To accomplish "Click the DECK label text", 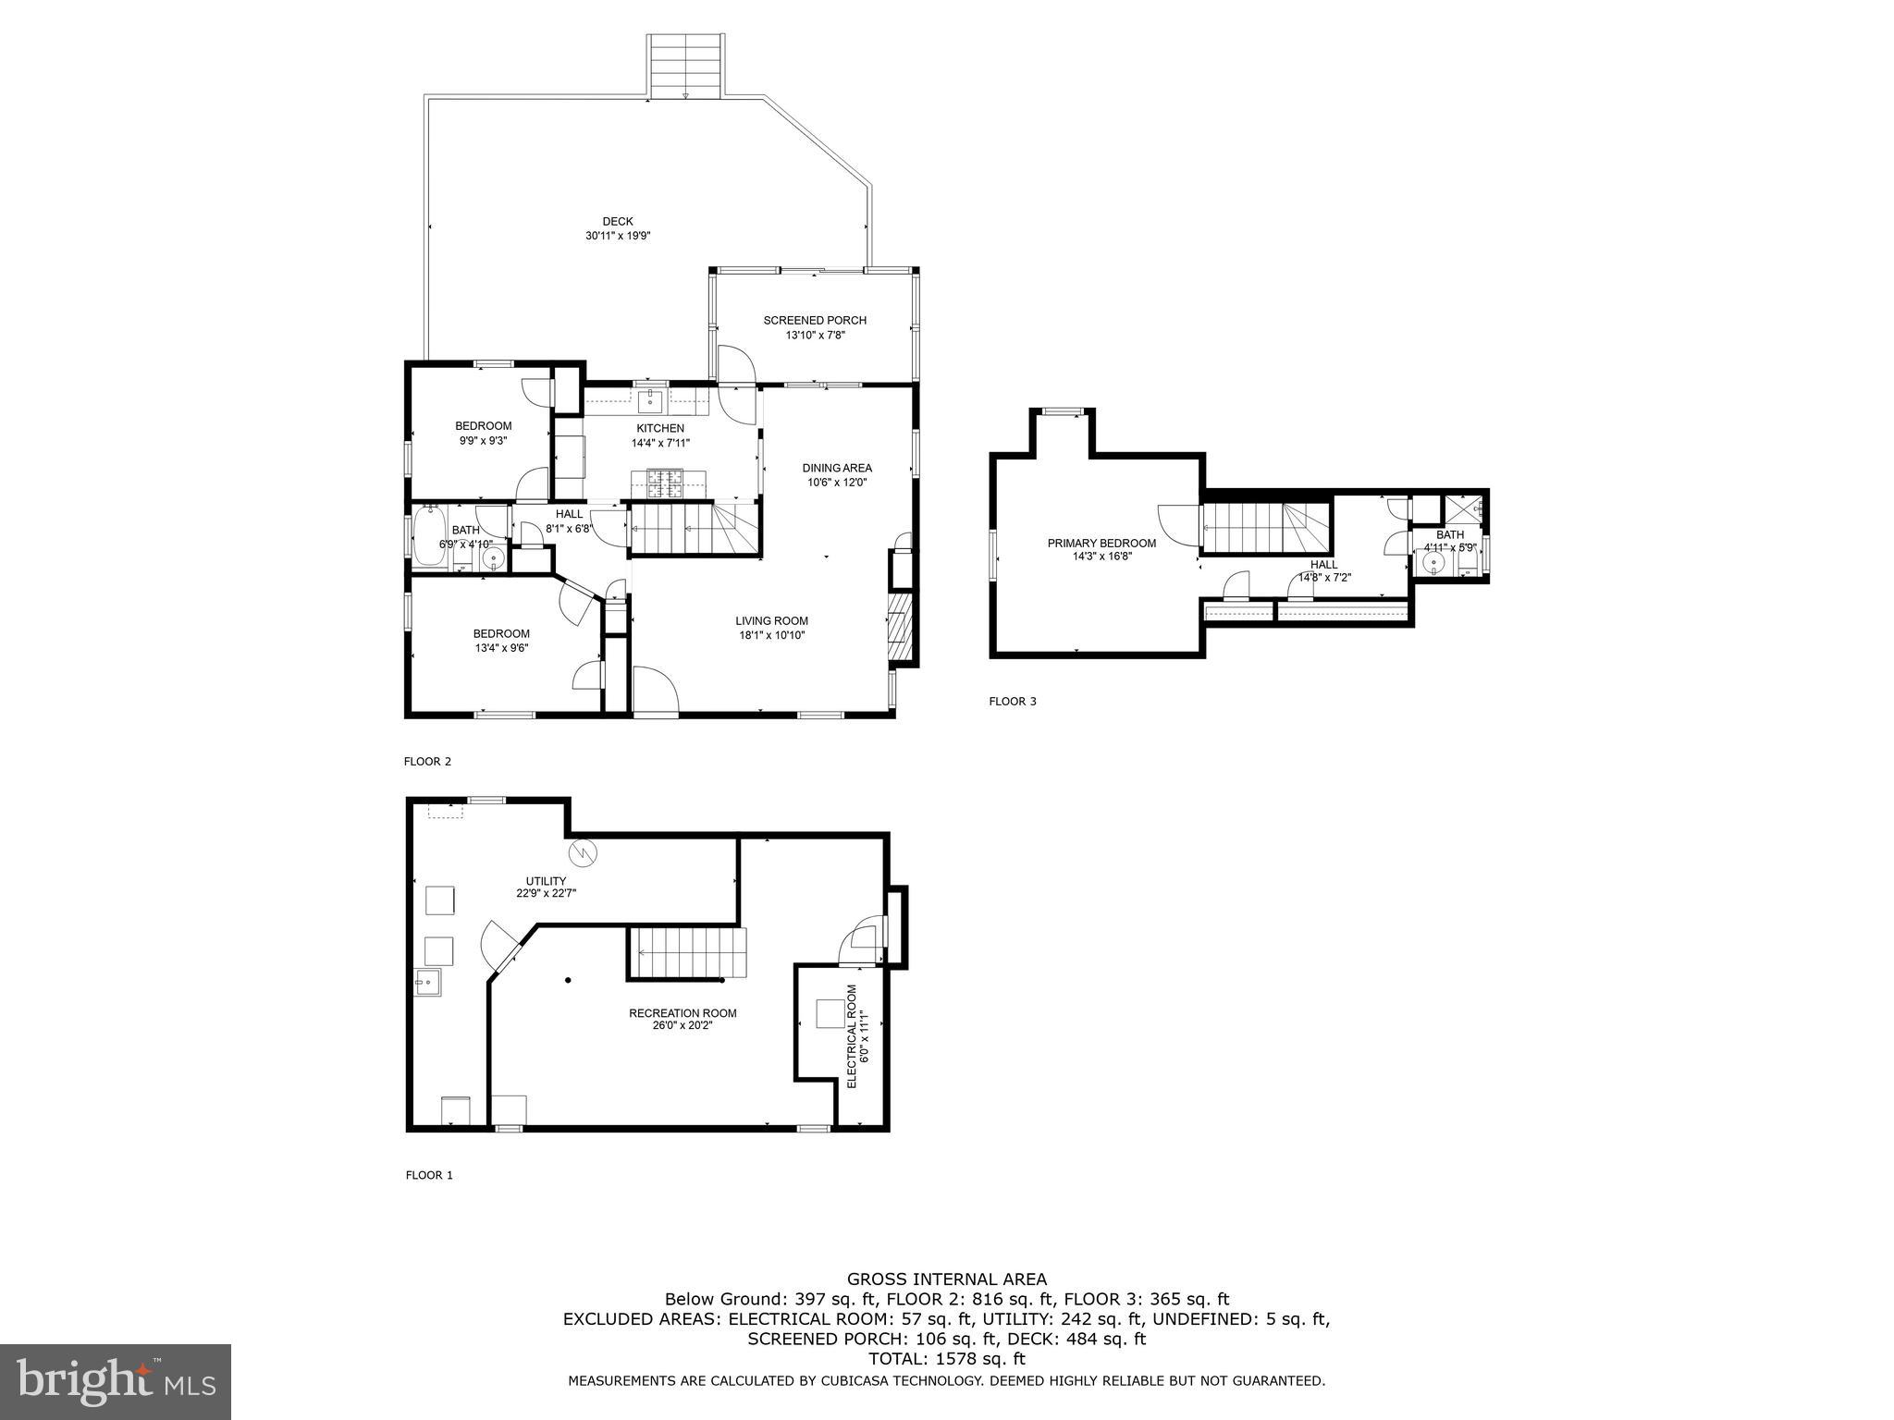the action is tap(618, 221).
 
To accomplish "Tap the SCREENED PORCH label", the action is tap(815, 321).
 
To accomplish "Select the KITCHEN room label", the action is tap(660, 428).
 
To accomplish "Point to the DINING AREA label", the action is tap(837, 468).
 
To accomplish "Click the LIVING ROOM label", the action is tap(772, 621).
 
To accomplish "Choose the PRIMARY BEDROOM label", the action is tap(1101, 544).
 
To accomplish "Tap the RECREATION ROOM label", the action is tap(683, 1013).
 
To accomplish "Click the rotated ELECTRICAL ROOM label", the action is tap(852, 1035).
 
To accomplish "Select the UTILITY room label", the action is tap(546, 881).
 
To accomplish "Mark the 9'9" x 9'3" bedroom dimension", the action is tap(483, 441).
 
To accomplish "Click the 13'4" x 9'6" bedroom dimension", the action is tap(501, 648).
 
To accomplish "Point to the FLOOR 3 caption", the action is tap(1013, 702).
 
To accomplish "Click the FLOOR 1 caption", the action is tap(429, 1176).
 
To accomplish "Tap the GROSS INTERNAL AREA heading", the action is tap(947, 1279).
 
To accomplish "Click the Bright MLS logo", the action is tap(116, 1382).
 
